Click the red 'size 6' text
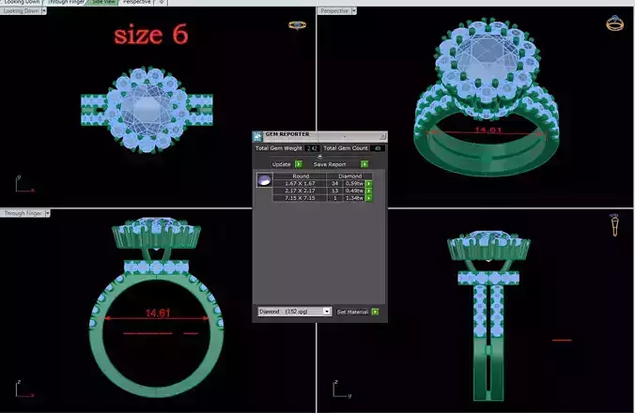[150, 35]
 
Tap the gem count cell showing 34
[334, 183]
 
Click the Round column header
[301, 176]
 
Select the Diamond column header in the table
[348, 176]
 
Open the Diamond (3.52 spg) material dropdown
[294, 311]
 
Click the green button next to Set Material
[375, 311]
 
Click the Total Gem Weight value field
[312, 148]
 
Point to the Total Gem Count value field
[378, 148]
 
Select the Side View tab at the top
[102, 3]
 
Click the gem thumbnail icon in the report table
[264, 179]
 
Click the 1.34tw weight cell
[354, 198]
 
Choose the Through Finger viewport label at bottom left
[21, 214]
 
